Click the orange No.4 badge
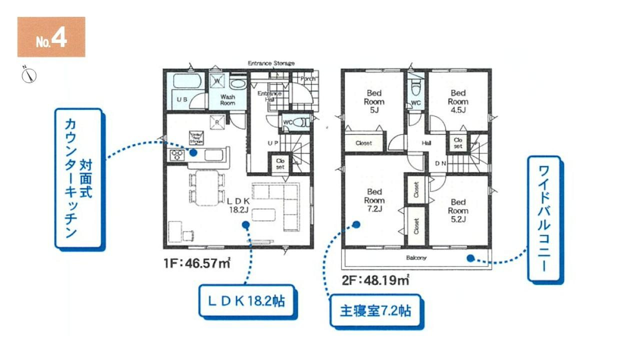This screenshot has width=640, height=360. click(51, 37)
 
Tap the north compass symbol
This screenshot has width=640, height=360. click(29, 75)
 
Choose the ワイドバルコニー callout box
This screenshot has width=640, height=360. click(544, 219)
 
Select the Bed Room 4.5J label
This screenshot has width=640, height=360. click(458, 101)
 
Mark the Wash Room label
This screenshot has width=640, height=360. click(227, 99)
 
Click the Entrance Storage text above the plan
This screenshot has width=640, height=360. click(271, 63)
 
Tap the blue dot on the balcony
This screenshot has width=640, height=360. click(470, 258)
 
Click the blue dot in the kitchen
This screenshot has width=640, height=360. click(193, 153)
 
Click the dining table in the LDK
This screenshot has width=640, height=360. click(206, 188)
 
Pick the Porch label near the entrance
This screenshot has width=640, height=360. click(308, 79)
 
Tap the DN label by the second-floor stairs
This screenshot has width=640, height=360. click(440, 163)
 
